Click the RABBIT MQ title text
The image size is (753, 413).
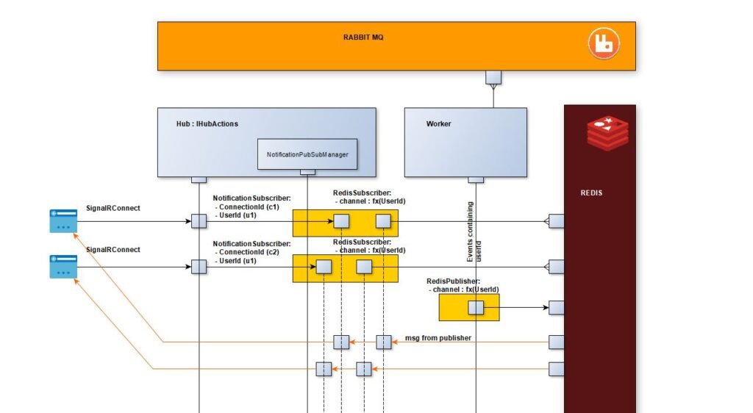[363, 37]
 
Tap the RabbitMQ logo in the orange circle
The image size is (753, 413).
[602, 43]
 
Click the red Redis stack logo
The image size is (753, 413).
[608, 133]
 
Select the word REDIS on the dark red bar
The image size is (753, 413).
[591, 193]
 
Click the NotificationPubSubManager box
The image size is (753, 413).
[307, 154]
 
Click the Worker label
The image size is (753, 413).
[438, 124]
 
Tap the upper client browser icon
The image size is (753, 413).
[63, 220]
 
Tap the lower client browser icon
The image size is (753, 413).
[63, 267]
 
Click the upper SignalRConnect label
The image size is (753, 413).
[113, 208]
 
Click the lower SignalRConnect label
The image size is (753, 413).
[113, 250]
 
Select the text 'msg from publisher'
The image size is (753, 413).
[438, 338]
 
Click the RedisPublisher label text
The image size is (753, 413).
[453, 281]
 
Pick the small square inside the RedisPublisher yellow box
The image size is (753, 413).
[476, 308]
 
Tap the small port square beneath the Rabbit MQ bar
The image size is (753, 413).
[493, 77]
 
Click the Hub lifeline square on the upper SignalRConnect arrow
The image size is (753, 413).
[199, 221]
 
